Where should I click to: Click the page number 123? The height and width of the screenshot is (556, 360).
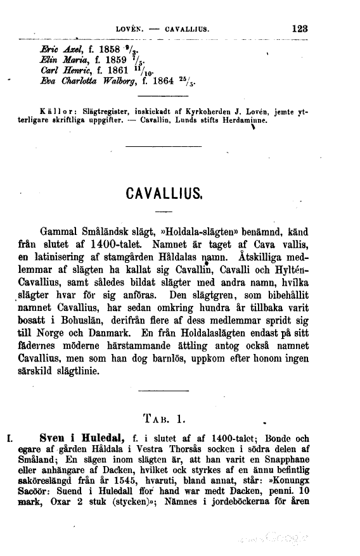tap(297, 28)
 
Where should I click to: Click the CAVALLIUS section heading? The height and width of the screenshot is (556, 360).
tap(164, 192)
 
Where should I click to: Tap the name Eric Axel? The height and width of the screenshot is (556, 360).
tap(59, 49)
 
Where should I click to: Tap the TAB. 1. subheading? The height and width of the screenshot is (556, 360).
tap(163, 418)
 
